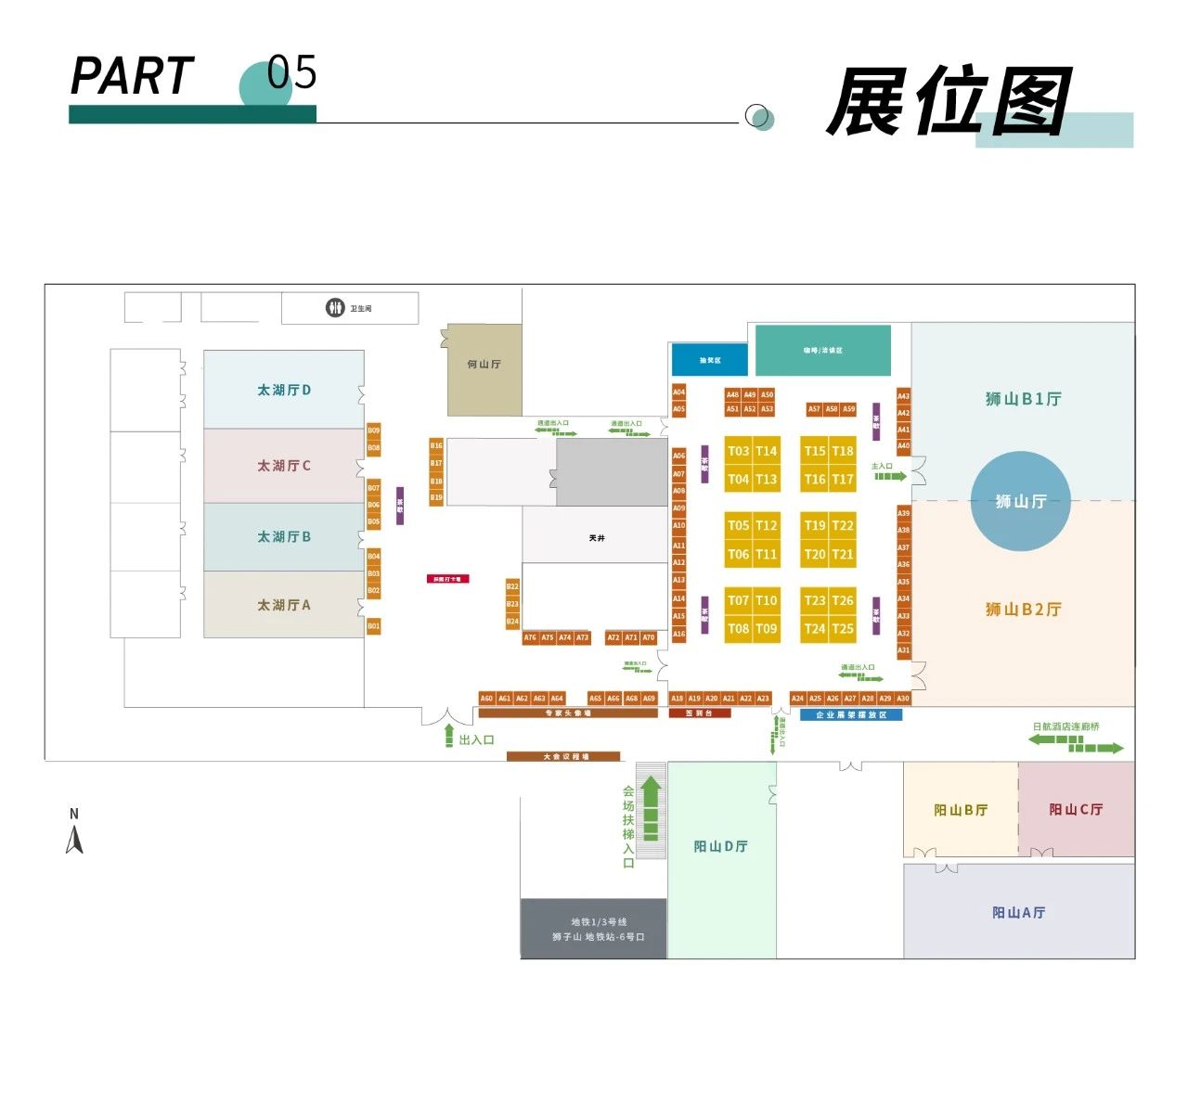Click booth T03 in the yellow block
coord(739,451)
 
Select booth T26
coord(843,600)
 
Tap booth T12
coord(767,525)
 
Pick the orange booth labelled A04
coord(679,392)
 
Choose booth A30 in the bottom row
coord(903,699)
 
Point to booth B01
coord(373,626)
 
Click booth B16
coord(436,446)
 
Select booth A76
coord(530,637)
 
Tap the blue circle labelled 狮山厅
coord(1021,501)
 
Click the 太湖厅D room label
coord(284,390)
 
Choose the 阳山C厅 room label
coord(1076,809)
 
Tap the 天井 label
coord(597,538)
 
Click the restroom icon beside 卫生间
coord(335,308)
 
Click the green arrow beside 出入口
coord(449,736)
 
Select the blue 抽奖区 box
coord(710,360)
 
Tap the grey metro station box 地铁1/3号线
coord(594,929)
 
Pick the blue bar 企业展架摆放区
coord(851,715)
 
